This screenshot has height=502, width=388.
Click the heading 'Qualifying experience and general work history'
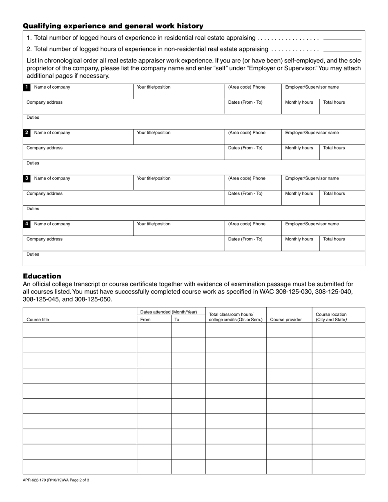(x=113, y=26)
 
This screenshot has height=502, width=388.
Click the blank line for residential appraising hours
(x=342, y=39)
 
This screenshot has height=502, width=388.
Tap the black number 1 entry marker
(x=27, y=87)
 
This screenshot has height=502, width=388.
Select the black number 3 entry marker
(x=27, y=178)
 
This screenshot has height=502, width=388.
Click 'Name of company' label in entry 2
(x=52, y=133)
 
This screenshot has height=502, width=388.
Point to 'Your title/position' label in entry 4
(x=154, y=224)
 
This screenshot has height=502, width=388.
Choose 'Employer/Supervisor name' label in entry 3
(x=312, y=178)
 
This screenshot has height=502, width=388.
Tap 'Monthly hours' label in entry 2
(x=299, y=148)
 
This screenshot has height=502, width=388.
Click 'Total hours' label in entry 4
(x=334, y=239)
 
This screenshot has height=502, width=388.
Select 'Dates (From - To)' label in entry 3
(x=245, y=193)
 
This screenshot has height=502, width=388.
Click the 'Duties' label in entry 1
(x=33, y=118)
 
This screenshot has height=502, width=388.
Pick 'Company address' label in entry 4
(x=45, y=239)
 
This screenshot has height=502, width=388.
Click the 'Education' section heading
(x=42, y=276)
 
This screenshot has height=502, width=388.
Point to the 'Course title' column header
(x=38, y=320)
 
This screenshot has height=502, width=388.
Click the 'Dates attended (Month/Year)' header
(x=168, y=312)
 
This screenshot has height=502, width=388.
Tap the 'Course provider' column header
(x=286, y=320)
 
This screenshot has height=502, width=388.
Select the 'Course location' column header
(x=331, y=317)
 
